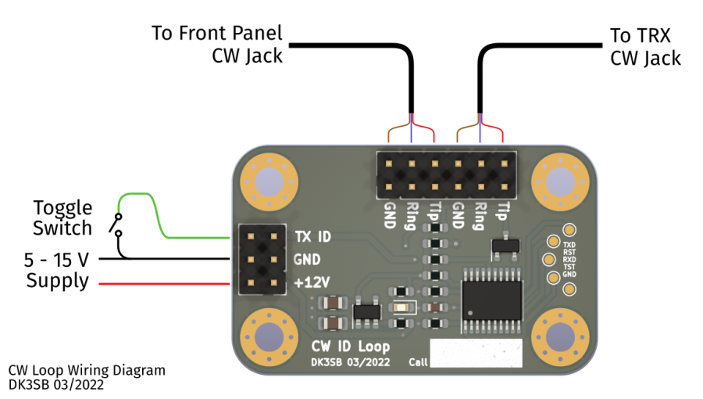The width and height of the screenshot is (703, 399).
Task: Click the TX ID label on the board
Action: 313,235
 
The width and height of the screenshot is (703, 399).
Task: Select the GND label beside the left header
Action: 307,259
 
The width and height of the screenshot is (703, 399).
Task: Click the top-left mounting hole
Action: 269,183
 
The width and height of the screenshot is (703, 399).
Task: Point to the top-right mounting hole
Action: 561,183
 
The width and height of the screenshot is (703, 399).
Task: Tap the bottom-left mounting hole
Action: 269,338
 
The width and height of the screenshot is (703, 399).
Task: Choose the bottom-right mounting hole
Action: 561,338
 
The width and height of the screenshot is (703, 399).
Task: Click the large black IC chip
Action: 492,300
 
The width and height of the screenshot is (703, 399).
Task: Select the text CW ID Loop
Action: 351,346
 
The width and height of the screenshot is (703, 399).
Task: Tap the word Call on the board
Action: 418,362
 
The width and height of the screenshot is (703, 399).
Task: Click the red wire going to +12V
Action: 164,284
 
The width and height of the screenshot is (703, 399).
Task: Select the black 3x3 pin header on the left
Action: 261,259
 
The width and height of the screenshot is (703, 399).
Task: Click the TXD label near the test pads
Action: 569,244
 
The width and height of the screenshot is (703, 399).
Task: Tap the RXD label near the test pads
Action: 569,260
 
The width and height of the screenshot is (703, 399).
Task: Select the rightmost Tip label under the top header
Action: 503,212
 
